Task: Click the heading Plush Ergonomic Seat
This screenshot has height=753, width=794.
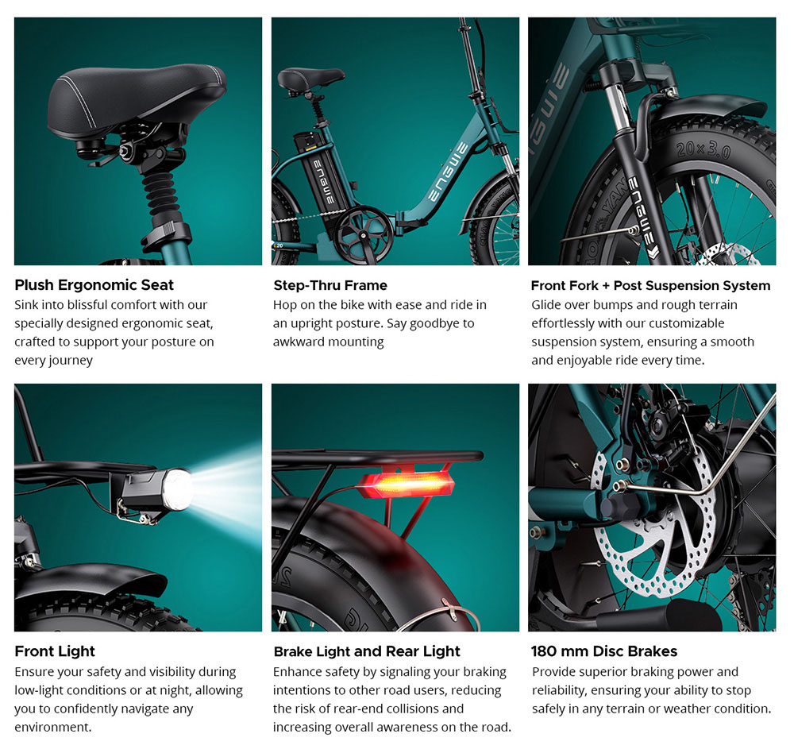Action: pos(94,285)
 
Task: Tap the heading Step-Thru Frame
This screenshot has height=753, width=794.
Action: pos(330,285)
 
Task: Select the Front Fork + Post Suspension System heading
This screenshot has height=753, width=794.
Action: pos(651,285)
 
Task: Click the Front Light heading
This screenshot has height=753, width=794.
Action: pos(55,651)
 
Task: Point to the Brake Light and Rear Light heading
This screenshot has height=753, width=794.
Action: pos(367,651)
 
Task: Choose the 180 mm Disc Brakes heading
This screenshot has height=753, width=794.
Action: pos(604,651)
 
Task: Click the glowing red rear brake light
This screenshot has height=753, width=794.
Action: pos(407,485)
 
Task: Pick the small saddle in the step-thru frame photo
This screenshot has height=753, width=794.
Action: pos(310,79)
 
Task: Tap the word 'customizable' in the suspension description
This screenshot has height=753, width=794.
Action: pos(686,323)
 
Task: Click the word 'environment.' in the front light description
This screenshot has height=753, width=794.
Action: pos(53,727)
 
